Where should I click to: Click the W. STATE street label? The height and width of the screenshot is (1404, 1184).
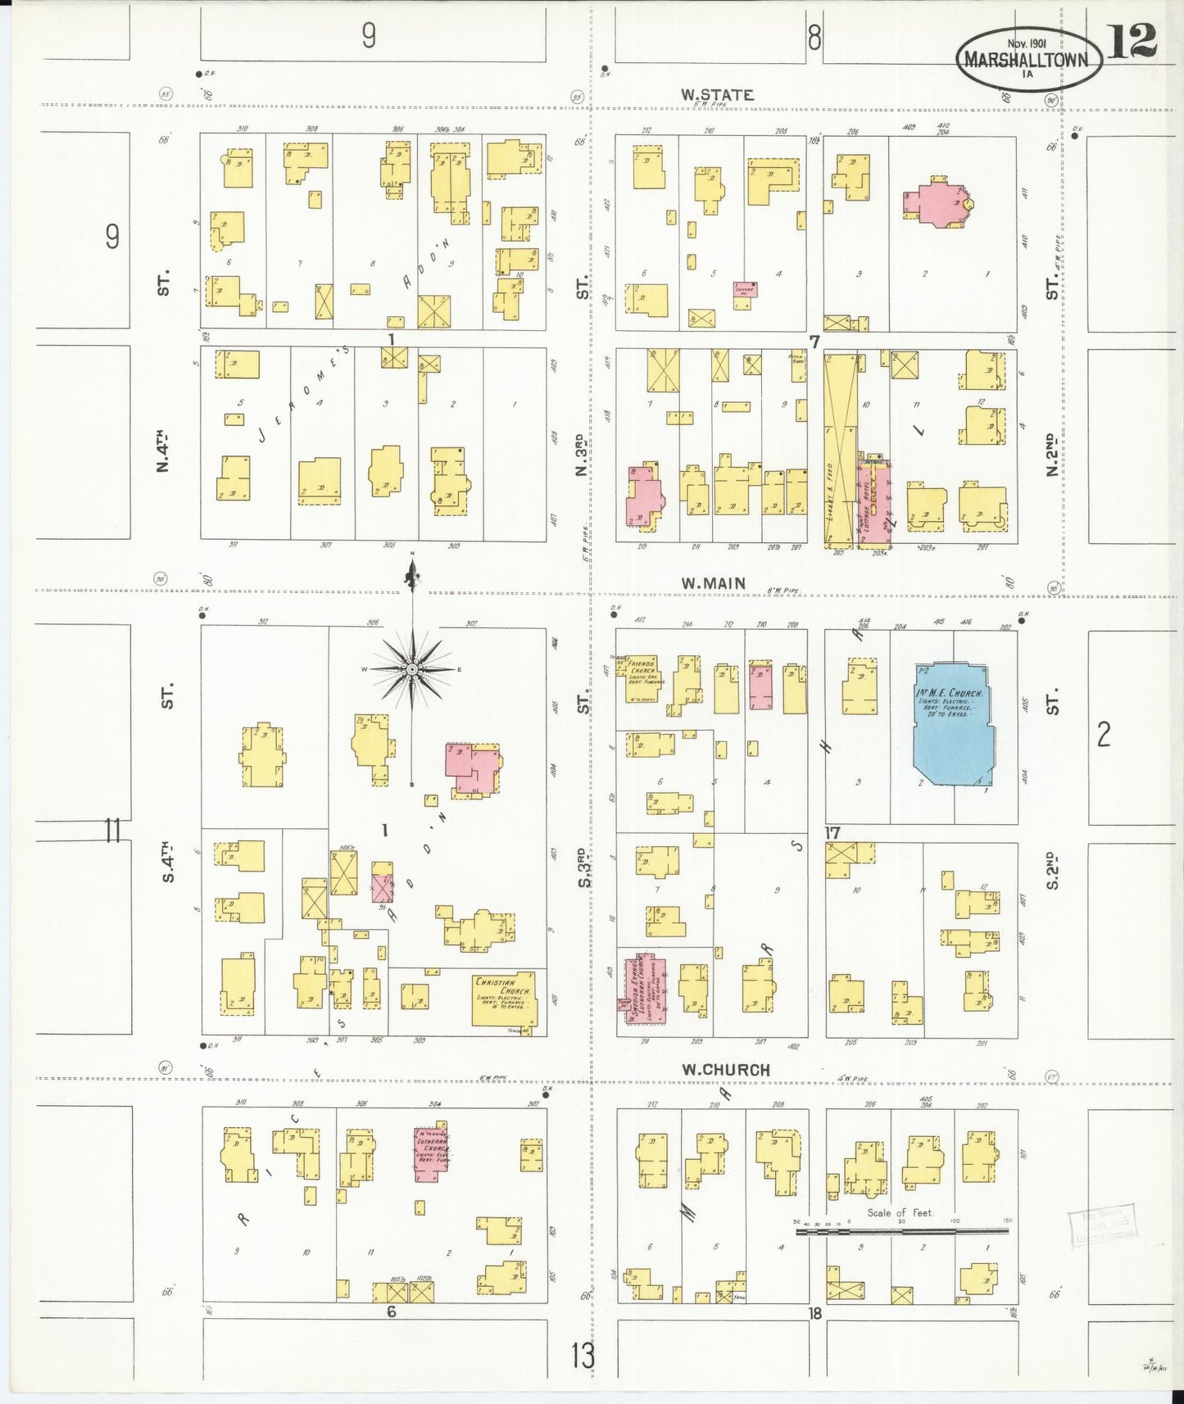point(717,95)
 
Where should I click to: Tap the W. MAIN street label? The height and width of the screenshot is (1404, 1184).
point(714,583)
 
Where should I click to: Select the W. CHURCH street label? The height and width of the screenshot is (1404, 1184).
point(726,1070)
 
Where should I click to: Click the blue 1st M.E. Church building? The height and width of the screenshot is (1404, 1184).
point(952,723)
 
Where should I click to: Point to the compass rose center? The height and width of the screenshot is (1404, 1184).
point(412,670)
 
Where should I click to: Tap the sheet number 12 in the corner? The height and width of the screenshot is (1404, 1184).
point(1132,41)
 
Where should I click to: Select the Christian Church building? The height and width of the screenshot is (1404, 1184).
point(504,999)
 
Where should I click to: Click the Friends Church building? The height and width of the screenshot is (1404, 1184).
point(642,680)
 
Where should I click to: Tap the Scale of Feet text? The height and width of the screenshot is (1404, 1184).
point(900,1212)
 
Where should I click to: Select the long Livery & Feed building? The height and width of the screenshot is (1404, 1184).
point(839,450)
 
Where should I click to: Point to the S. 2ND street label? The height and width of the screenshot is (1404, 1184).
point(1054,870)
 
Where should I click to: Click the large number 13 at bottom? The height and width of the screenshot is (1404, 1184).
point(583,1356)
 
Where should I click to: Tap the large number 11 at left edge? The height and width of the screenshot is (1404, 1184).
point(112,831)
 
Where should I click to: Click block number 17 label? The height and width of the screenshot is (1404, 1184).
point(832,833)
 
